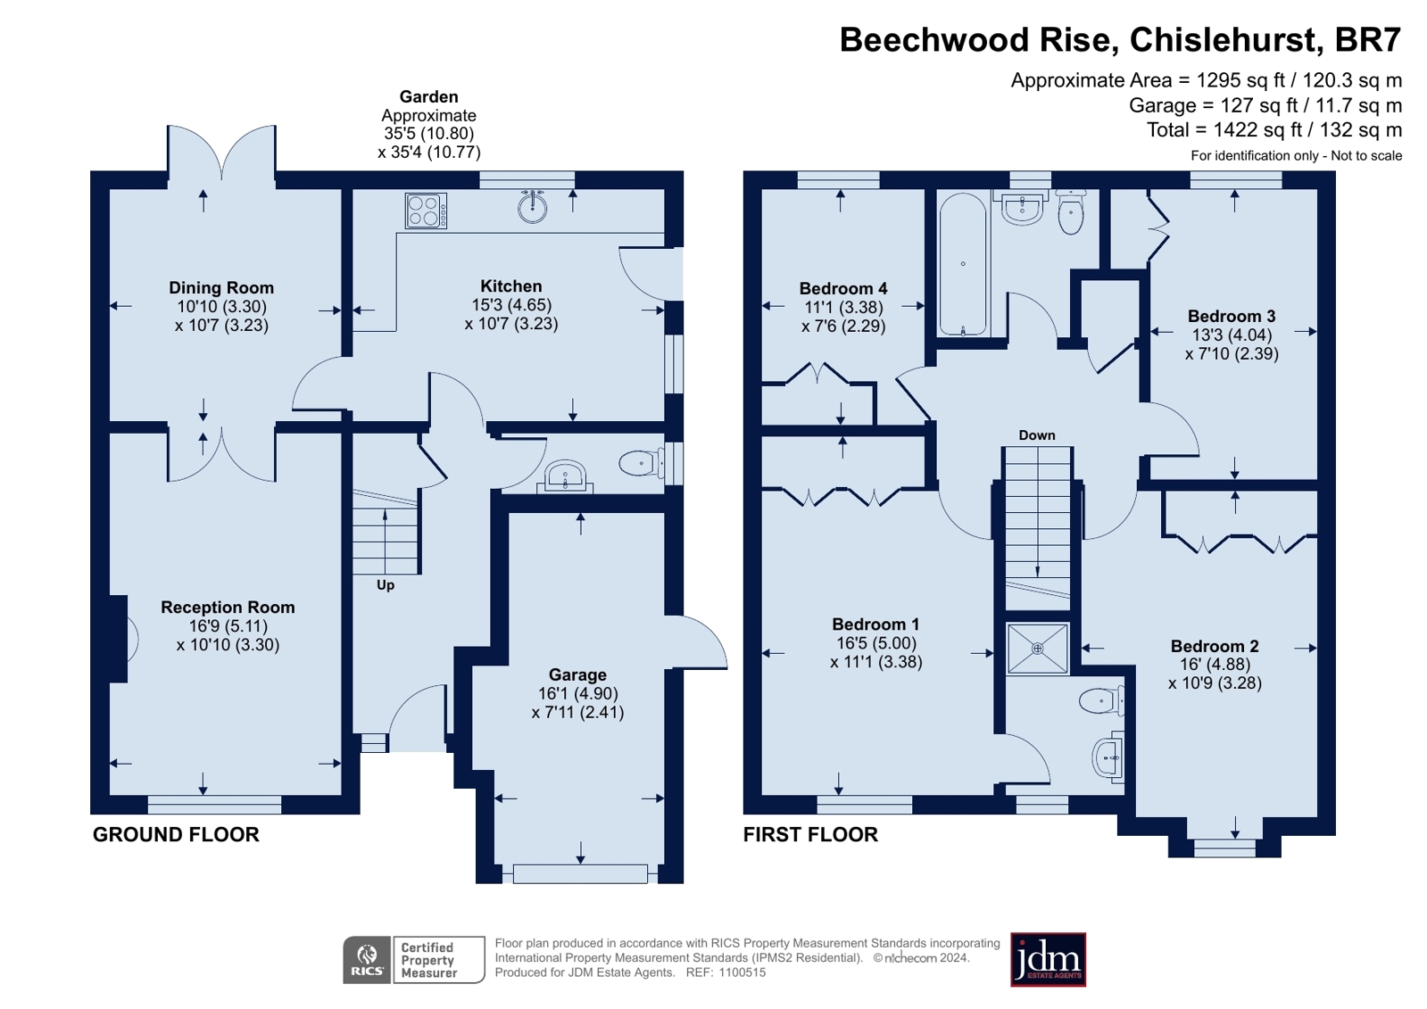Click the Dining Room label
221,288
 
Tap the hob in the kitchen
426,211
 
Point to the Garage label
577,674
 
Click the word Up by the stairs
386,584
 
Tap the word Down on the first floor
1036,435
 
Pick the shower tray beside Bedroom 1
1037,649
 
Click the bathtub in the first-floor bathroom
963,264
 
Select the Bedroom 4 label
842,288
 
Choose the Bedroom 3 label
1232,316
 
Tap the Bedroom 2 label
1215,646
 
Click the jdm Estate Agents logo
1048,960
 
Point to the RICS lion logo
367,959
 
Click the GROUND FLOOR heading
176,834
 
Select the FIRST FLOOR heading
810,834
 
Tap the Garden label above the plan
428,97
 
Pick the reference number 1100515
743,972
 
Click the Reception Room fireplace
120,639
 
